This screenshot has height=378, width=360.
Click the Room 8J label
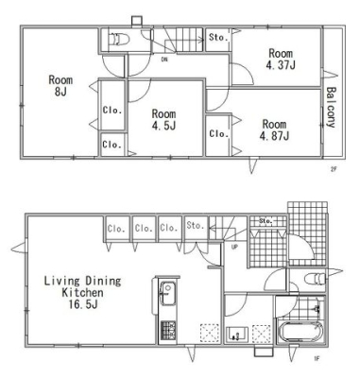(x=60, y=86)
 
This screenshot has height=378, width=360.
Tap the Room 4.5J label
(x=163, y=119)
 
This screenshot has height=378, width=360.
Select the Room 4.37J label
(x=281, y=59)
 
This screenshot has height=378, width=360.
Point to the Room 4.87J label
(x=274, y=129)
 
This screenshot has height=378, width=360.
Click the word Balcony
(x=331, y=107)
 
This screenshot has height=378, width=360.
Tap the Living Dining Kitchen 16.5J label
(x=82, y=292)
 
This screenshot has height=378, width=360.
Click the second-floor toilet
(x=119, y=40)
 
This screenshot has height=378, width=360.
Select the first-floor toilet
(x=315, y=279)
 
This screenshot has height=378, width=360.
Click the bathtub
(x=300, y=333)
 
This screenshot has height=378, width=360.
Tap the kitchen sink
(x=169, y=294)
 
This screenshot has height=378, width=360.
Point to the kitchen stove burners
(x=168, y=331)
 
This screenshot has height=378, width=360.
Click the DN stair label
(x=164, y=59)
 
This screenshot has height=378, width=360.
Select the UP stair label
(x=234, y=248)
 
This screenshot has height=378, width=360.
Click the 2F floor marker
(x=334, y=168)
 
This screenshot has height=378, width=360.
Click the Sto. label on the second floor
(x=218, y=38)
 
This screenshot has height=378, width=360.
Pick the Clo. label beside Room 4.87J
(x=219, y=134)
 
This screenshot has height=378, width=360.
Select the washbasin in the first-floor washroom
(x=237, y=334)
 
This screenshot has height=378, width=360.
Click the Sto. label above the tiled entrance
(x=266, y=221)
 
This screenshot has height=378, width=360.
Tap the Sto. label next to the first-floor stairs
(x=196, y=226)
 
